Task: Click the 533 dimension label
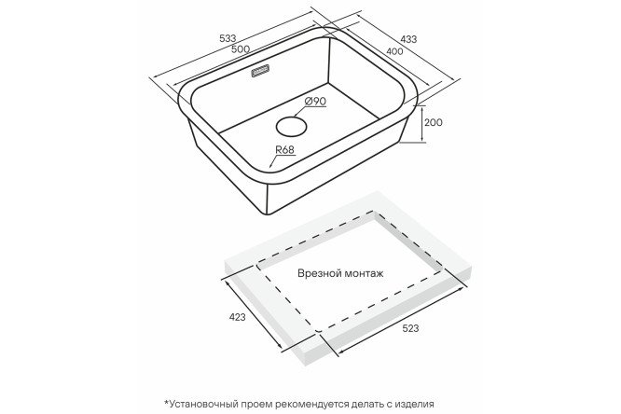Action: click(x=228, y=38)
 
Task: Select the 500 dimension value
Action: click(x=241, y=48)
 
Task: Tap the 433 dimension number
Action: click(x=408, y=39)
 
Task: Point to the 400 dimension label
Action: click(x=394, y=51)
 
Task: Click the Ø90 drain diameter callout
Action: click(x=316, y=102)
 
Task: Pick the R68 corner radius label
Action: click(x=284, y=150)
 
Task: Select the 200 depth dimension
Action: click(x=434, y=122)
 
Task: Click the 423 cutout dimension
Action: click(x=238, y=317)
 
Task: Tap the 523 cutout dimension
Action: click(x=410, y=328)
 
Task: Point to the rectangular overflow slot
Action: click(x=260, y=71)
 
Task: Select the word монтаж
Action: click(x=365, y=274)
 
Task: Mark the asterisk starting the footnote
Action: click(x=166, y=402)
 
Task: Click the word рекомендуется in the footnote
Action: click(x=313, y=404)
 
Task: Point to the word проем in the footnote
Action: click(x=258, y=404)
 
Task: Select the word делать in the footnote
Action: click(x=368, y=404)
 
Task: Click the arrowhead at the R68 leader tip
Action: click(x=271, y=165)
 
